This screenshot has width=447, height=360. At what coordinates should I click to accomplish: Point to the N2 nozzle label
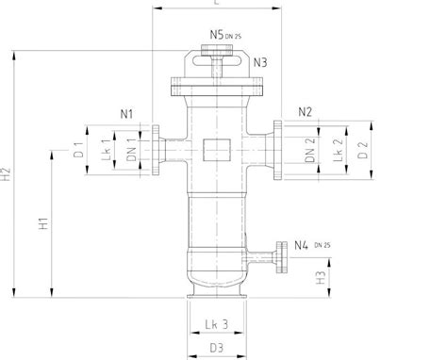pos(305,112)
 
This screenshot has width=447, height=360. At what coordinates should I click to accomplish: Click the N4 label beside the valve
pos(301,246)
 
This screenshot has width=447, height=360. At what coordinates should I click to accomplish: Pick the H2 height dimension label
pos(8,173)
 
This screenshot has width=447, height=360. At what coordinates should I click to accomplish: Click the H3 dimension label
pos(322,278)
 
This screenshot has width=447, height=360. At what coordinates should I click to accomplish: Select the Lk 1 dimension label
pos(107,148)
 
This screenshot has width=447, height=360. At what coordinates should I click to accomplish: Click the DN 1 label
pos(131,148)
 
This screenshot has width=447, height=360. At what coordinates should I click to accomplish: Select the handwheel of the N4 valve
pos(280,254)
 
